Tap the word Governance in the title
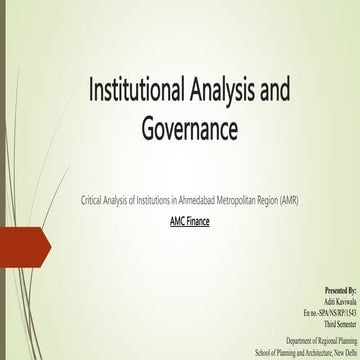(189, 130)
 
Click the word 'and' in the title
(272, 92)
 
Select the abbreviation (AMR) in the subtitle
(288, 201)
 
